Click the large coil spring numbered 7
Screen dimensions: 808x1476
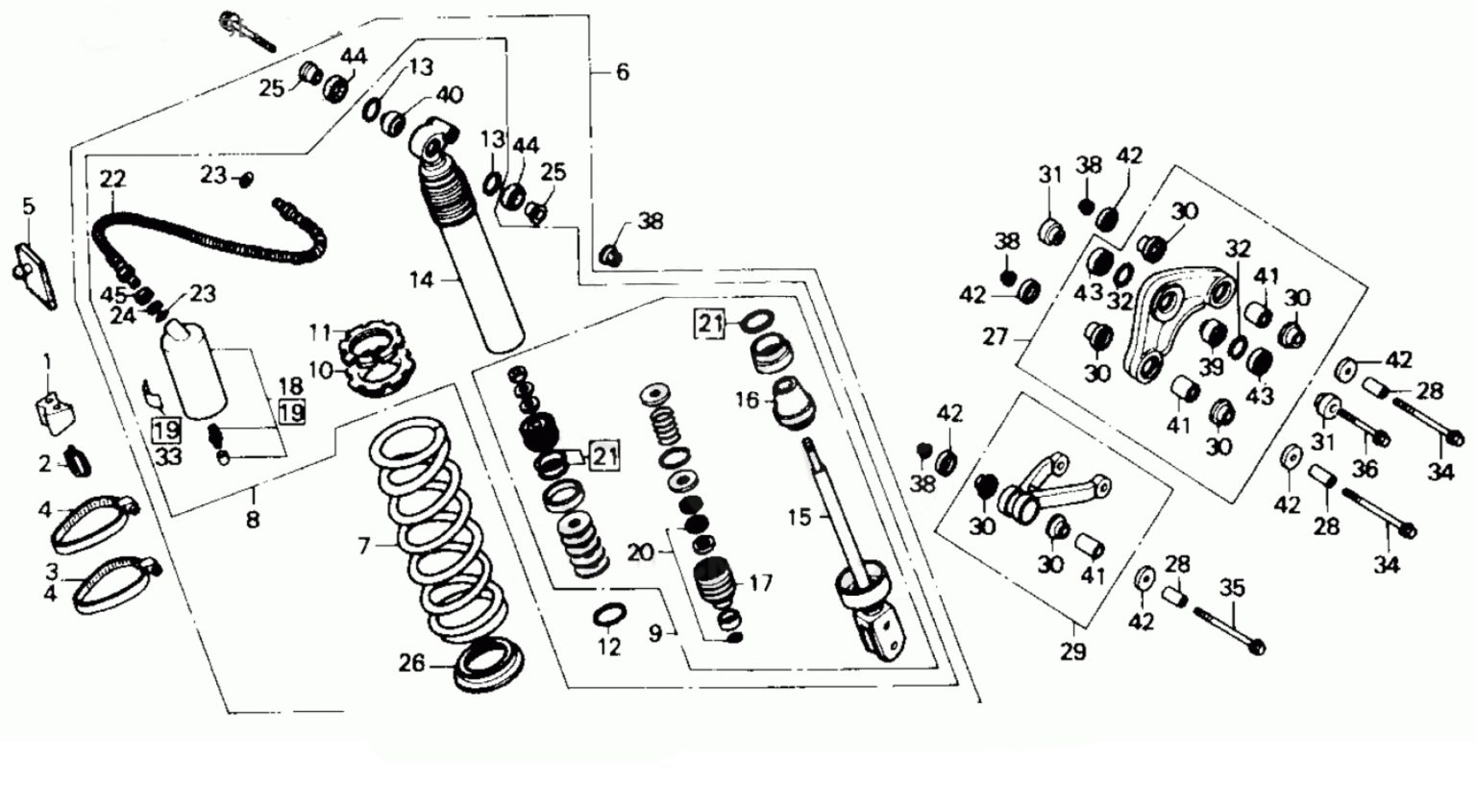point(437,538)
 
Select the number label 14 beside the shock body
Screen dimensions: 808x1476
point(422,280)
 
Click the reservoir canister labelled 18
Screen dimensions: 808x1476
point(195,370)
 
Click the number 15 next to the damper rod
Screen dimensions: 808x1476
point(799,517)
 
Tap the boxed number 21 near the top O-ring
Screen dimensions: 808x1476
point(710,324)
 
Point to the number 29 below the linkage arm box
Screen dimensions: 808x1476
point(1072,651)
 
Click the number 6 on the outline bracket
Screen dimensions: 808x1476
point(622,72)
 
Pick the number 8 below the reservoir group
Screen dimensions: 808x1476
point(253,520)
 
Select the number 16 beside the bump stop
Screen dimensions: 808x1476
point(747,399)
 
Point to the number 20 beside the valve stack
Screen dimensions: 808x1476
point(641,552)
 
